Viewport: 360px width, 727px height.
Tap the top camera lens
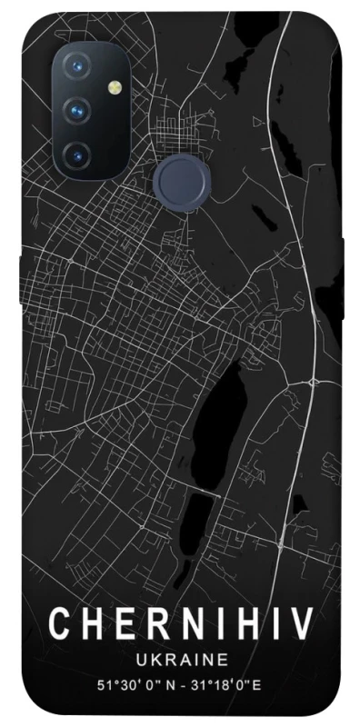coord(76,68)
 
